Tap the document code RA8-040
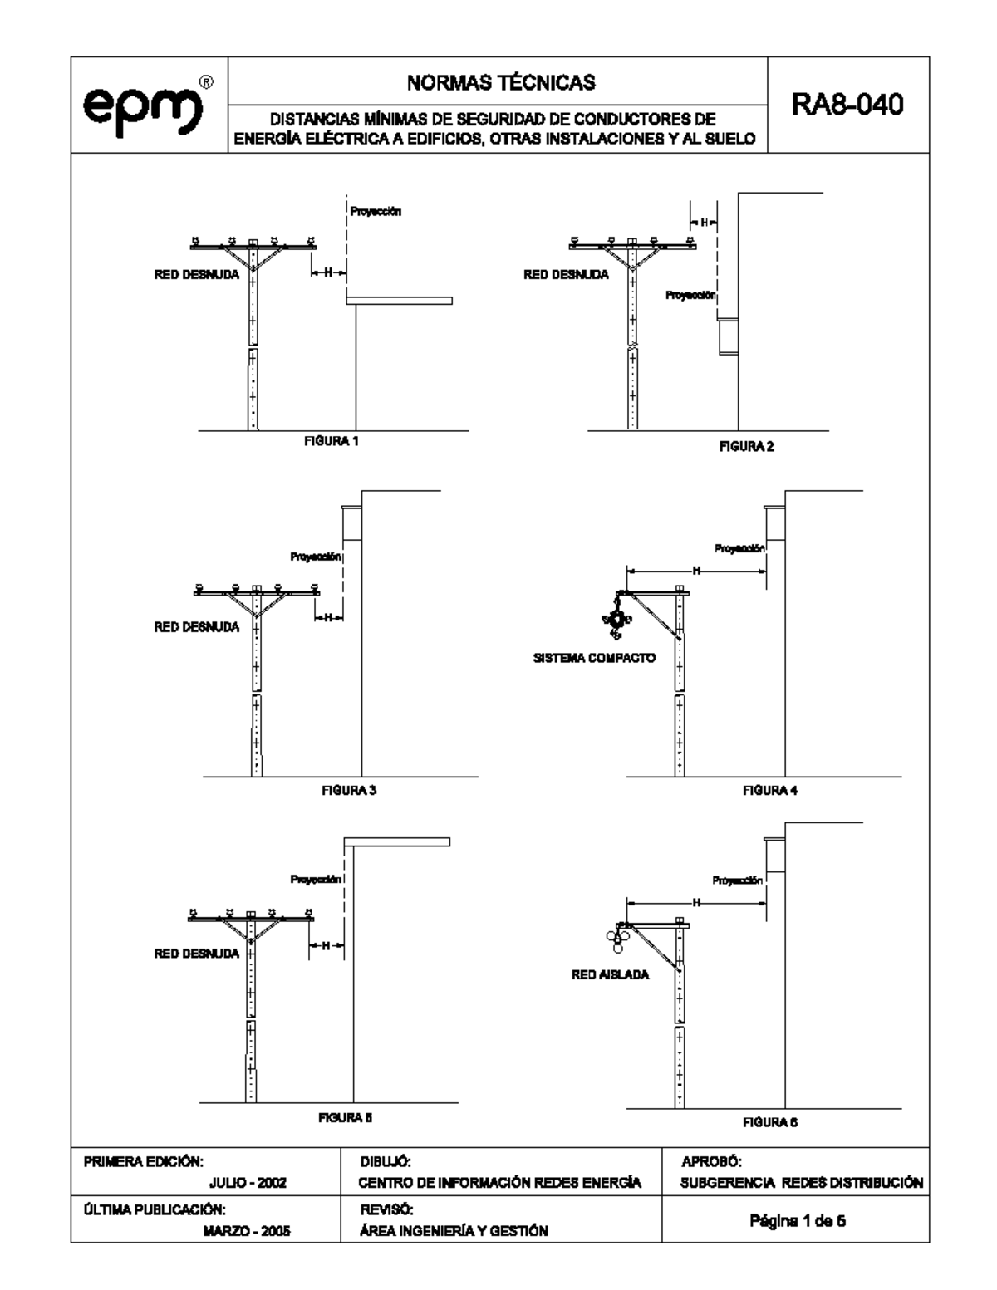pyautogui.click(x=847, y=105)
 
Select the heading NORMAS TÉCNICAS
pyautogui.click(x=501, y=82)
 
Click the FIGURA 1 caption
pyautogui.click(x=332, y=441)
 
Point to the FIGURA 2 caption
pyautogui.click(x=747, y=446)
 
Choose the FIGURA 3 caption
pyautogui.click(x=349, y=790)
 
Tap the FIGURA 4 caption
pyautogui.click(x=770, y=790)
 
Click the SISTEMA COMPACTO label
pyautogui.click(x=594, y=658)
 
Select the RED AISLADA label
pyautogui.click(x=611, y=975)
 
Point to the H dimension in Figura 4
pyautogui.click(x=696, y=571)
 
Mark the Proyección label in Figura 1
pyautogui.click(x=376, y=211)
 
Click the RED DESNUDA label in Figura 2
pyautogui.click(x=566, y=274)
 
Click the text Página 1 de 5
pyautogui.click(x=798, y=1221)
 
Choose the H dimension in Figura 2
pyautogui.click(x=704, y=223)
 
